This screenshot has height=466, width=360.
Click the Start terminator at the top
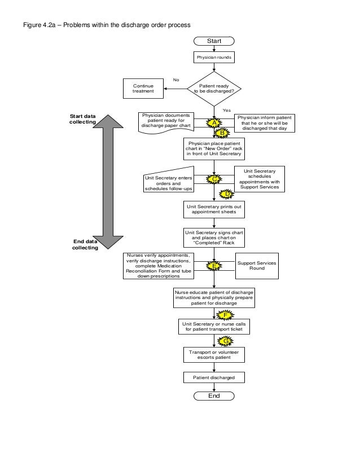214,41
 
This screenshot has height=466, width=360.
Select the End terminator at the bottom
214,396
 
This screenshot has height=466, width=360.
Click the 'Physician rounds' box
214,58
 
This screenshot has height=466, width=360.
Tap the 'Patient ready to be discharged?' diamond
214,87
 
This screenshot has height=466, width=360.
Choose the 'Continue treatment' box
143,88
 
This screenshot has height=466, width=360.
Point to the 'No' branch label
176,80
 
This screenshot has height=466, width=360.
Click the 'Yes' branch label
227,110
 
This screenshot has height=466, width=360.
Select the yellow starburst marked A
214,123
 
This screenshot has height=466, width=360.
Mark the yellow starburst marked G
225,341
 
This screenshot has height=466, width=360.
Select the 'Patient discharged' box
214,377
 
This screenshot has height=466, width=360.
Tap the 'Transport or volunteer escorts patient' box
214,355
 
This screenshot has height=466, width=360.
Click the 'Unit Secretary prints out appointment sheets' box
214,209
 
